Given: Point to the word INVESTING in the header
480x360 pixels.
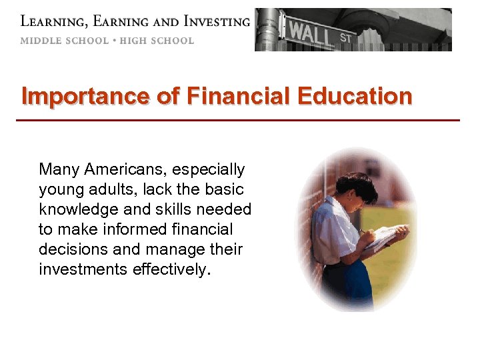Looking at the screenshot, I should tap(211, 21).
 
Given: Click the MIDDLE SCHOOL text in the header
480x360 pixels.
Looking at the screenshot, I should tap(64, 41).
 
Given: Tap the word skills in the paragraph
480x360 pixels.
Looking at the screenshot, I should tap(177, 209).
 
